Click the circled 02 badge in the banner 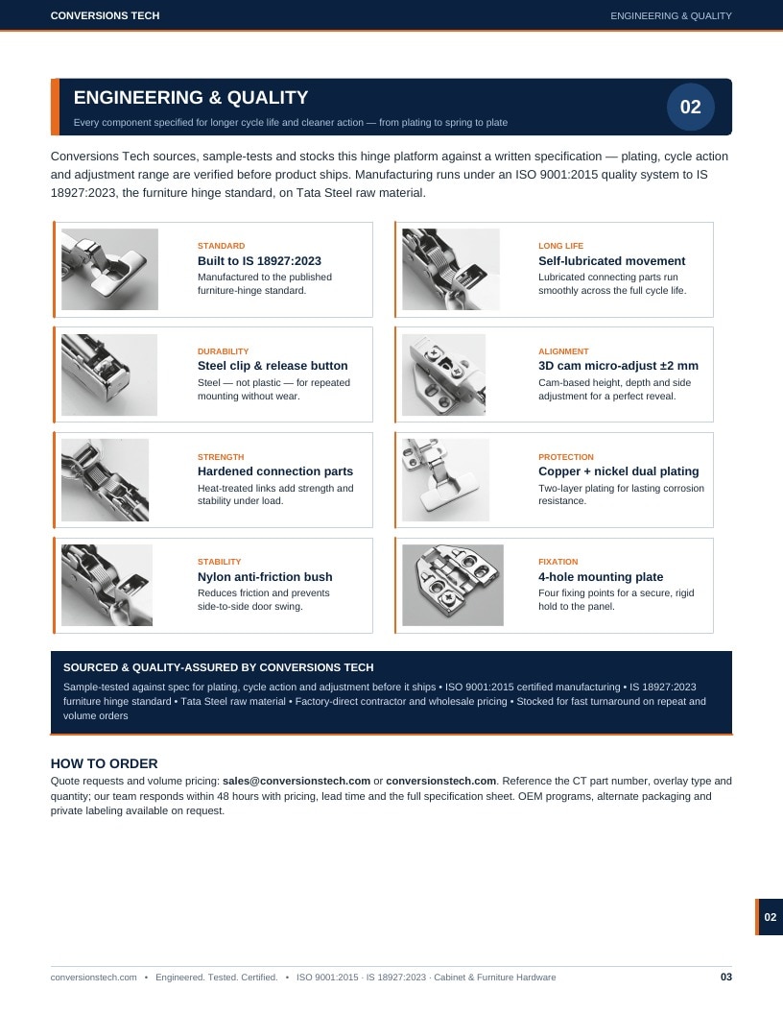click(690, 107)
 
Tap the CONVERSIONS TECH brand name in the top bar click(105, 15)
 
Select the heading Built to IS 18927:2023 click(259, 260)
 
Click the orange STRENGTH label click(221, 456)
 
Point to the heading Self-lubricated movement click(611, 260)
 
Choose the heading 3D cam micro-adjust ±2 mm click(618, 366)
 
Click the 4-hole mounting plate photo click(452, 585)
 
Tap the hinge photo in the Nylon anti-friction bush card click(107, 585)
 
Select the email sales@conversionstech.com click(297, 781)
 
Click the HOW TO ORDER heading click(104, 763)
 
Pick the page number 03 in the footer click(726, 977)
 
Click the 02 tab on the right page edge click(770, 917)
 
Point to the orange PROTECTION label click(565, 456)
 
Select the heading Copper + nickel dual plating click(618, 471)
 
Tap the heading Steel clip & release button click(273, 366)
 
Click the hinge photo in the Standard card click(109, 269)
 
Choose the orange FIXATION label click(558, 562)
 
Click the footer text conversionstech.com click(94, 978)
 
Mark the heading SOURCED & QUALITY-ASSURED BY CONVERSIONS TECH click(219, 667)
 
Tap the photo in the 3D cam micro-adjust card click(444, 374)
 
